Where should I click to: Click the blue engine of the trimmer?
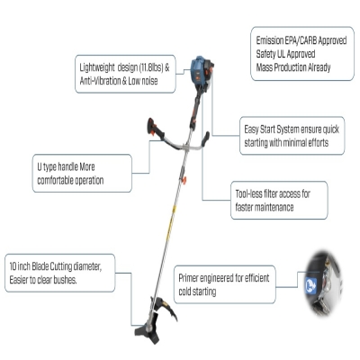pyautogui.click(x=200, y=73)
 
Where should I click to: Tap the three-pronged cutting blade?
pyautogui.click(x=148, y=330)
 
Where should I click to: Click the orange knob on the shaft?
pyautogui.click(x=184, y=180)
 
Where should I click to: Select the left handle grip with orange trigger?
pyautogui.click(x=155, y=129)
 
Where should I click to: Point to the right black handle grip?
pyautogui.click(x=205, y=139)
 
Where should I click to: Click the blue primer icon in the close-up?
pyautogui.click(x=310, y=285)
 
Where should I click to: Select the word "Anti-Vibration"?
pyautogui.click(x=98, y=81)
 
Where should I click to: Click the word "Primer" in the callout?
pyautogui.click(x=188, y=278)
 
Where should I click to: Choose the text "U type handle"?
pyautogui.click(x=58, y=167)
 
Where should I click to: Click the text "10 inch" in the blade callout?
pyautogui.click(x=20, y=266)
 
